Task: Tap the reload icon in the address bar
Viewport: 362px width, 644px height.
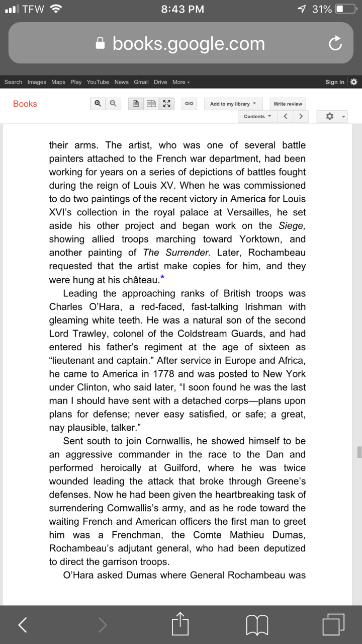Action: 335,44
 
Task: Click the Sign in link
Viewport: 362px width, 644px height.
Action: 334,82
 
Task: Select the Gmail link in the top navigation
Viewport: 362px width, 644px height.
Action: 141,82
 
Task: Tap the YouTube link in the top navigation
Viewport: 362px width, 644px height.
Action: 98,82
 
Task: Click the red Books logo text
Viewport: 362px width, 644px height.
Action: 25,104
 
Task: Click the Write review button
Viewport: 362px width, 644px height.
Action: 288,104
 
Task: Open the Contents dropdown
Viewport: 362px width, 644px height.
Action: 257,117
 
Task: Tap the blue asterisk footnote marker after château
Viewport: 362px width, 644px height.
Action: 162,277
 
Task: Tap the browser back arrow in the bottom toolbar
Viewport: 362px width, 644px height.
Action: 22,625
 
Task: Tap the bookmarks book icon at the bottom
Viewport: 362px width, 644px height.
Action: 257,625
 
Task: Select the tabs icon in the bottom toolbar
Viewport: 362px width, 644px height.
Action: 333,625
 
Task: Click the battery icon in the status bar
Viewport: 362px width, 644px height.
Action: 346,9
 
